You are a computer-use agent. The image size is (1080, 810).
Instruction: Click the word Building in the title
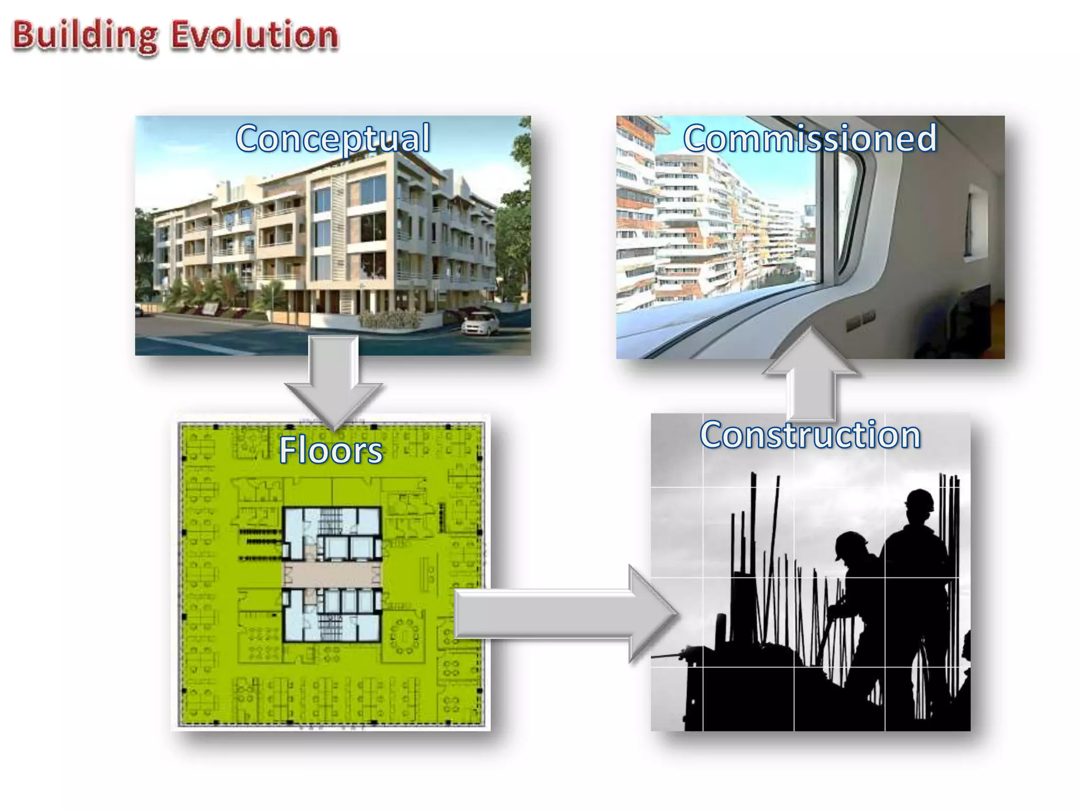coord(84,36)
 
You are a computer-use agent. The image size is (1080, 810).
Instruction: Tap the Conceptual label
coord(333,138)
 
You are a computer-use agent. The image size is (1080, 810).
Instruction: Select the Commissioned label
coord(810,138)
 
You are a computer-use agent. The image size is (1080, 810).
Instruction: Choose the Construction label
coord(810,435)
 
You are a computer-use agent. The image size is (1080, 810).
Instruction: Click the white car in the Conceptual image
coord(480,322)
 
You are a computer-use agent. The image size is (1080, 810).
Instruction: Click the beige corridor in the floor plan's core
coord(332,575)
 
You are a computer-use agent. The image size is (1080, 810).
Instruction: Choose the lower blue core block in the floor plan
coord(332,615)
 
